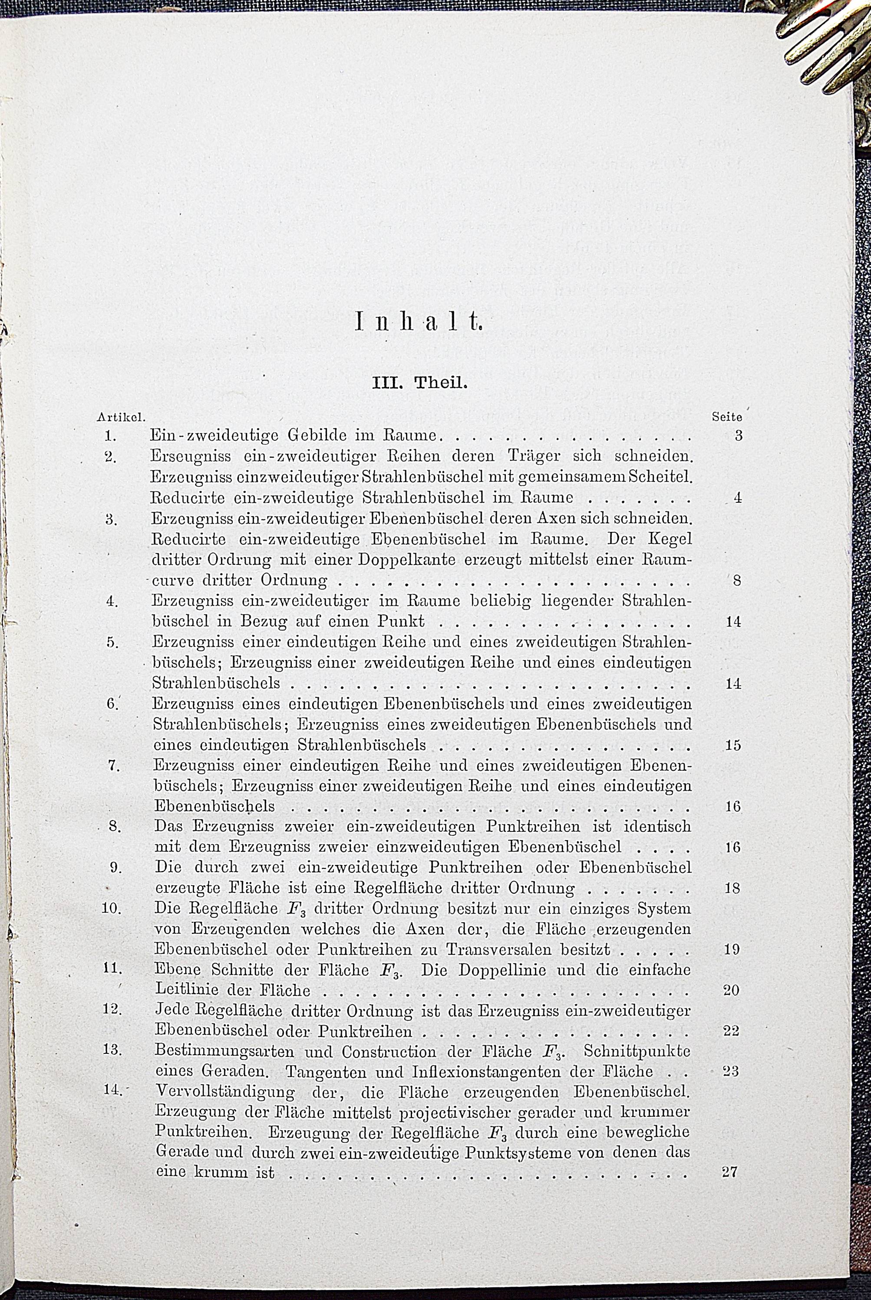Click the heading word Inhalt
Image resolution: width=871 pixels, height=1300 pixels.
pos(418,322)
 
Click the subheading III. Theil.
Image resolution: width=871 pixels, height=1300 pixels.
pos(420,383)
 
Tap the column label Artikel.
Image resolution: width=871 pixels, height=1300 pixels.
pos(121,416)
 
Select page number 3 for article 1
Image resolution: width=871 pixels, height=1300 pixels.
pos(738,436)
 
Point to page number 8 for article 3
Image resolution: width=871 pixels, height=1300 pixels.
pos(736,581)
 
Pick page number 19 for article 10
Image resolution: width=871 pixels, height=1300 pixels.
pos(732,950)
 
